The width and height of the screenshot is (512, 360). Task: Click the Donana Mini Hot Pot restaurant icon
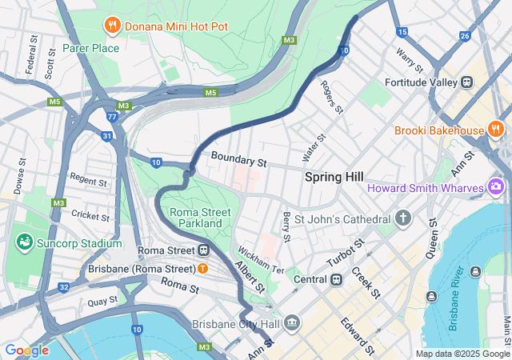[x=113, y=26]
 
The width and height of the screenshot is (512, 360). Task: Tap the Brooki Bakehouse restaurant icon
[x=496, y=130]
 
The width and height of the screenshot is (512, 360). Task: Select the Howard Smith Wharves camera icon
[x=496, y=188]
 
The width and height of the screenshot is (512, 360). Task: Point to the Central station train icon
[x=337, y=279]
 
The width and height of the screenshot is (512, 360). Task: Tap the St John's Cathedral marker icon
[x=403, y=218]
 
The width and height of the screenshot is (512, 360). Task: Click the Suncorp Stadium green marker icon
[x=23, y=242]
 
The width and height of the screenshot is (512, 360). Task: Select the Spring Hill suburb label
[x=334, y=177]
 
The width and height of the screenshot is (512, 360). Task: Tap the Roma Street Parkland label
[x=200, y=218]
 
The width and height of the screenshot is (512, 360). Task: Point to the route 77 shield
[x=112, y=118]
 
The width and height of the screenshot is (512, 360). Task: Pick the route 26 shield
[x=465, y=36]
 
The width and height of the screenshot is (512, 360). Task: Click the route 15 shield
[x=402, y=32]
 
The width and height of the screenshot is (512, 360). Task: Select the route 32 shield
[x=64, y=286]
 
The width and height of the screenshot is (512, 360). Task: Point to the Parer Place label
[x=91, y=48]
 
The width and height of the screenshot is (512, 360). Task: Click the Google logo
[x=26, y=350]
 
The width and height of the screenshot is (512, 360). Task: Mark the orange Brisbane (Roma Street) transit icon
[x=203, y=268]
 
